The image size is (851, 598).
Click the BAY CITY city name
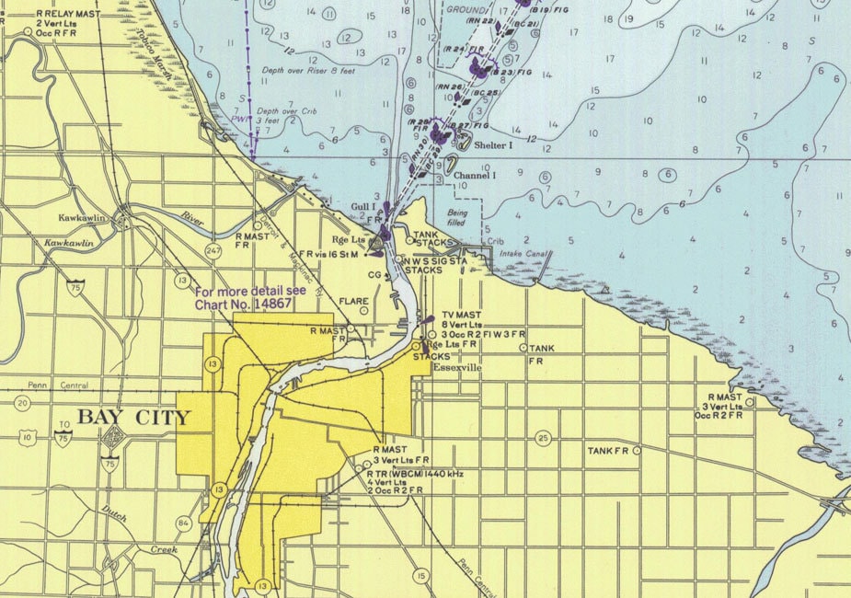click(x=133, y=418)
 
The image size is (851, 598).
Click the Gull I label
click(x=363, y=208)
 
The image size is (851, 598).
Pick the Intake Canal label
click(x=518, y=253)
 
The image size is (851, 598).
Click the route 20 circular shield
click(x=22, y=402)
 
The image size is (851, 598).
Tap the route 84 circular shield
click(x=184, y=524)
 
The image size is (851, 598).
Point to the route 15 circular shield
click(x=420, y=576)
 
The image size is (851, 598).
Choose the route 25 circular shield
click(x=543, y=438)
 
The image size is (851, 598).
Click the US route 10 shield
click(x=30, y=438)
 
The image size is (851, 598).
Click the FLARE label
click(x=353, y=301)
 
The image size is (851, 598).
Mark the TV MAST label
click(x=461, y=315)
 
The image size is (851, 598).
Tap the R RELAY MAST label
click(x=67, y=15)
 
